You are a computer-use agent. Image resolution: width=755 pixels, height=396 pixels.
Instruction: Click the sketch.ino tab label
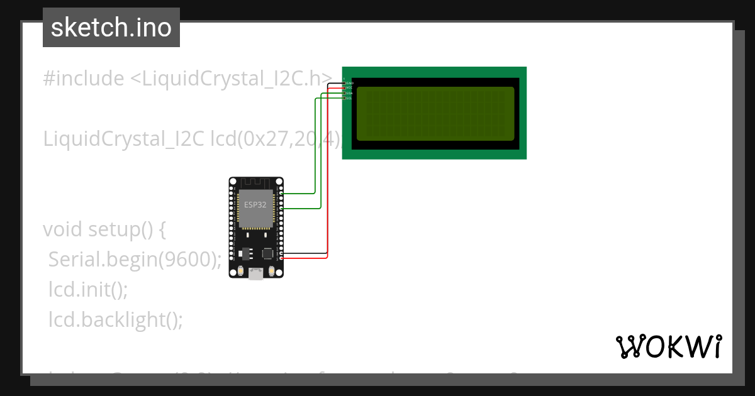pos(111,28)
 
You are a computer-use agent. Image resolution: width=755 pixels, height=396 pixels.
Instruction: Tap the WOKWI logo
pos(668,346)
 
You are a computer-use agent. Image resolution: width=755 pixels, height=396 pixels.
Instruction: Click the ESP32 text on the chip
pos(255,205)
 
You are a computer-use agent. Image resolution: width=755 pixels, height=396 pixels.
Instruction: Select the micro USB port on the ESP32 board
pos(256,273)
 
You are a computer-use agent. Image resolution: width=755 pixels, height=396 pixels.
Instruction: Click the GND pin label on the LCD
pos(350,83)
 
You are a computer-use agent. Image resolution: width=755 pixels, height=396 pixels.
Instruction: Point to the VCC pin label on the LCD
pos(350,88)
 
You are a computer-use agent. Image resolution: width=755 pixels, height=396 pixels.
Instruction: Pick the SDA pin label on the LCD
pos(350,93)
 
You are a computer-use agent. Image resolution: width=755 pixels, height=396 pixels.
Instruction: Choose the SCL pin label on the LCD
pos(350,98)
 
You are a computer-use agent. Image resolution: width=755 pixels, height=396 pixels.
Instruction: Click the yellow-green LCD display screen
pos(435,114)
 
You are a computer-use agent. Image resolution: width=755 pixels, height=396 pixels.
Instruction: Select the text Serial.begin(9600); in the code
pos(135,259)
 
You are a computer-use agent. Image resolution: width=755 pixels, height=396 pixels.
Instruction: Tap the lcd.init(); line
pos(88,290)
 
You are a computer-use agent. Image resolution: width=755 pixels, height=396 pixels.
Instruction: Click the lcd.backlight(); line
pos(116,320)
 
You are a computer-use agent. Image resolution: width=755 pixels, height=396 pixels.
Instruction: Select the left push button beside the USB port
pos(240,272)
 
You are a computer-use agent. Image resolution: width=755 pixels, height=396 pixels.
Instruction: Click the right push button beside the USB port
pos(272,272)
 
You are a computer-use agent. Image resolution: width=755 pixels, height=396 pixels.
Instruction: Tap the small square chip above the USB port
pos(268,253)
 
